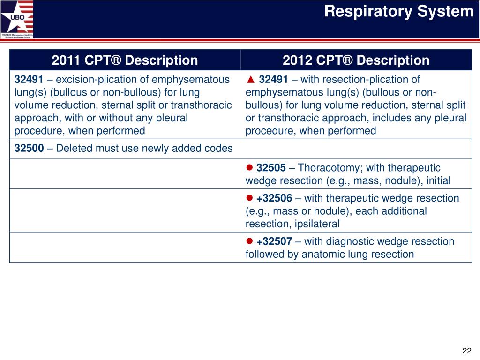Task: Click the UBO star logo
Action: point(17,19)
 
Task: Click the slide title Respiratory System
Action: point(399,12)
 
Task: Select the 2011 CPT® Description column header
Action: point(125,60)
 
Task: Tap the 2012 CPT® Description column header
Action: point(356,60)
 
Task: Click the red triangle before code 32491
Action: point(251,80)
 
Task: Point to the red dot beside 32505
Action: point(249,167)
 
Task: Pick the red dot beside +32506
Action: point(249,198)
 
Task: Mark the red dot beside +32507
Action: point(249,241)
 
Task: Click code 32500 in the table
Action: point(29,148)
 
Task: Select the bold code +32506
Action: point(274,198)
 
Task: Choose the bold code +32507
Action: point(274,241)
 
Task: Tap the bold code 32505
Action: point(271,167)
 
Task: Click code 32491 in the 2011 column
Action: point(29,79)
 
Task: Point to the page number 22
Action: point(467,351)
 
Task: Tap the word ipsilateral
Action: point(317,224)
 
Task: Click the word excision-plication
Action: point(96,80)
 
